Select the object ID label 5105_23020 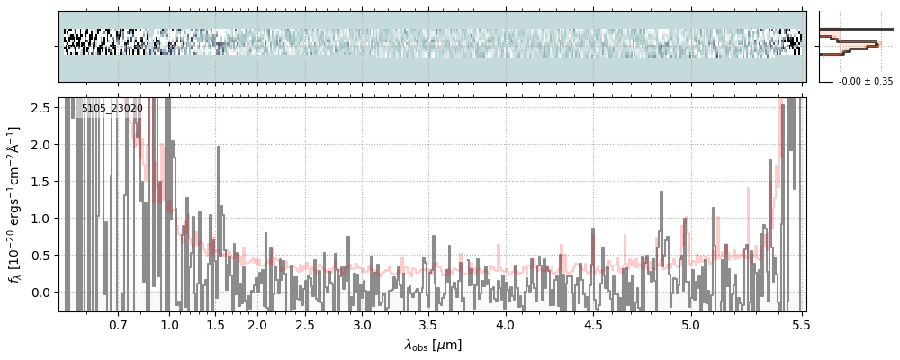pos(112,109)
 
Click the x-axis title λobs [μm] pos(433,345)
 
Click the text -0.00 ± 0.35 pos(866,82)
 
